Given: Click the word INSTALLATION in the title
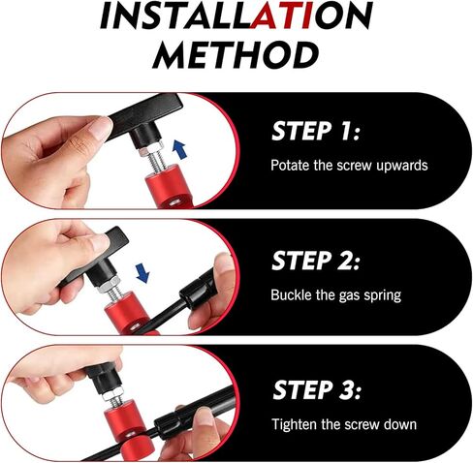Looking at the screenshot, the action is pyautogui.click(x=236, y=15).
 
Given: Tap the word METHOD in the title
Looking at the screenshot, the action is pyautogui.click(x=236, y=55).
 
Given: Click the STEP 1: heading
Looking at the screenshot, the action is pyautogui.click(x=316, y=131).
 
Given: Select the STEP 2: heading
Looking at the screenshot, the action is pyautogui.click(x=316, y=261).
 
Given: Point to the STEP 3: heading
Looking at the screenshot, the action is pyautogui.click(x=317, y=389).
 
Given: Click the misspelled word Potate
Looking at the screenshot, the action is pyautogui.click(x=290, y=165).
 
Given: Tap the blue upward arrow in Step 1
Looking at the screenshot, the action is pyautogui.click(x=179, y=149).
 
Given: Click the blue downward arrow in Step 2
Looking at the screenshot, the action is pyautogui.click(x=142, y=273).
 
